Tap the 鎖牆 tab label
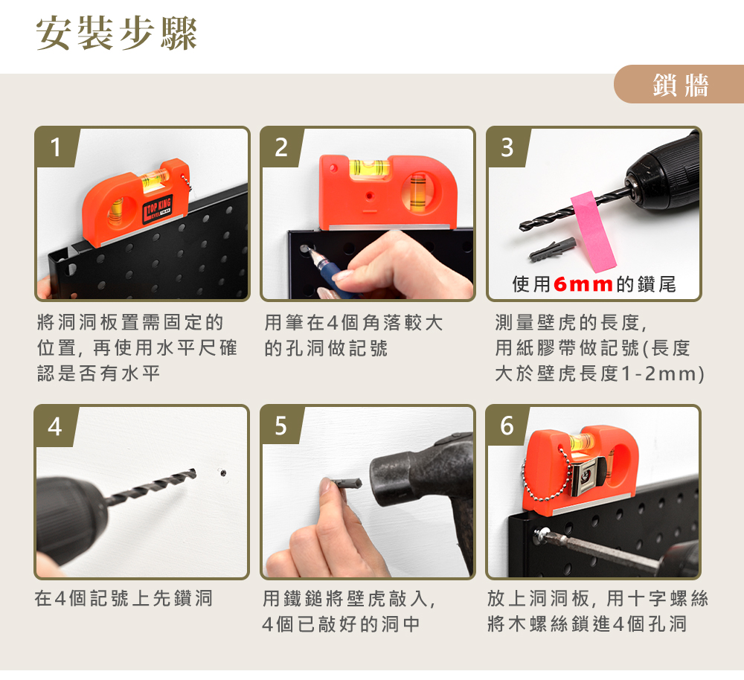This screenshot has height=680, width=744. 681,86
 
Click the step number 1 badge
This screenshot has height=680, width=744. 56,147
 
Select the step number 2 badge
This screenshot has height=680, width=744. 281,147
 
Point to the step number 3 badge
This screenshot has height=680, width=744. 507,147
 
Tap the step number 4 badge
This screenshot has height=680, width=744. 55,426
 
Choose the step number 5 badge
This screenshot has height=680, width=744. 281,425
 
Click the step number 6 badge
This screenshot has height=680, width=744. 507,425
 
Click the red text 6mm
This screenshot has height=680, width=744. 583,284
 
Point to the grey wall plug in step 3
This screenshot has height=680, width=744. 552,250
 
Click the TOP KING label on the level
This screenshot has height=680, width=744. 158,209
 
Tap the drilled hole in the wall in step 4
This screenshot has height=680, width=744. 222,472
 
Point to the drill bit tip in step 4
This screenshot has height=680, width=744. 195,471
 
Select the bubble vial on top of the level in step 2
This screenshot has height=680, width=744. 369,167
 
